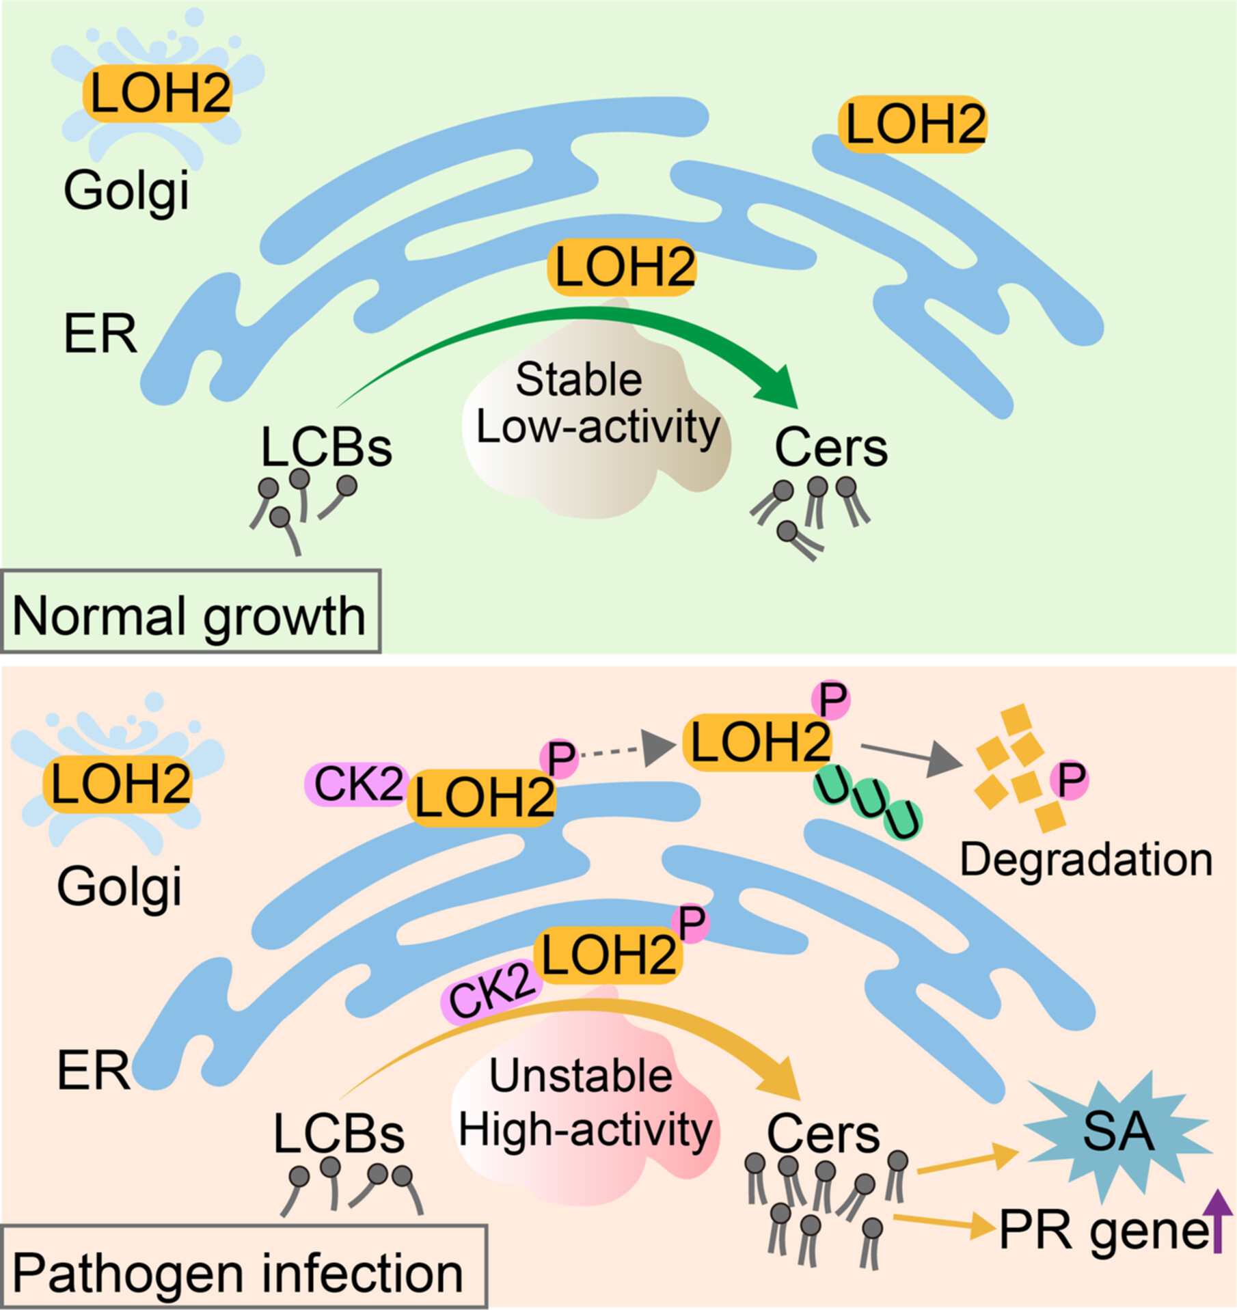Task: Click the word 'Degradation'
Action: [1086, 860]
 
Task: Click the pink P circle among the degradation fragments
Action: [1070, 780]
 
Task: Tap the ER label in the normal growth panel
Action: [100, 334]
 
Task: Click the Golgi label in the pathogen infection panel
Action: [120, 887]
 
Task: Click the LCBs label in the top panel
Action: [327, 448]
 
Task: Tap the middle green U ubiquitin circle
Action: [869, 798]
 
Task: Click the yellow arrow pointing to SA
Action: [968, 1161]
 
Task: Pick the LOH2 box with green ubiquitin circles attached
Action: [758, 743]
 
